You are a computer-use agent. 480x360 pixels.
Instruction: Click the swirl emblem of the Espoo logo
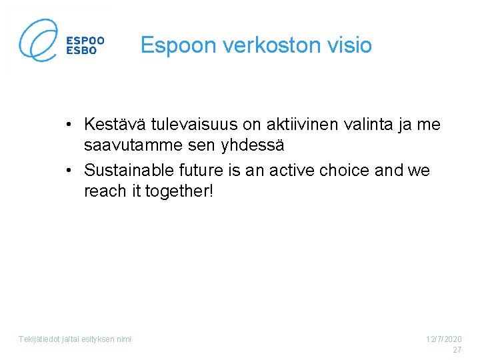click(x=39, y=40)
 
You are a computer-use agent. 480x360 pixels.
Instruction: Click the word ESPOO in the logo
click(x=85, y=39)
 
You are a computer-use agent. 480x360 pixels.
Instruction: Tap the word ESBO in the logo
click(x=82, y=50)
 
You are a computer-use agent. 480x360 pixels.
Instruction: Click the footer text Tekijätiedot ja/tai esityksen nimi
click(x=75, y=339)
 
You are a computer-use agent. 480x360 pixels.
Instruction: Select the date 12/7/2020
click(x=444, y=339)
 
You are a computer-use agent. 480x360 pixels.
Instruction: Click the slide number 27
click(x=457, y=350)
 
